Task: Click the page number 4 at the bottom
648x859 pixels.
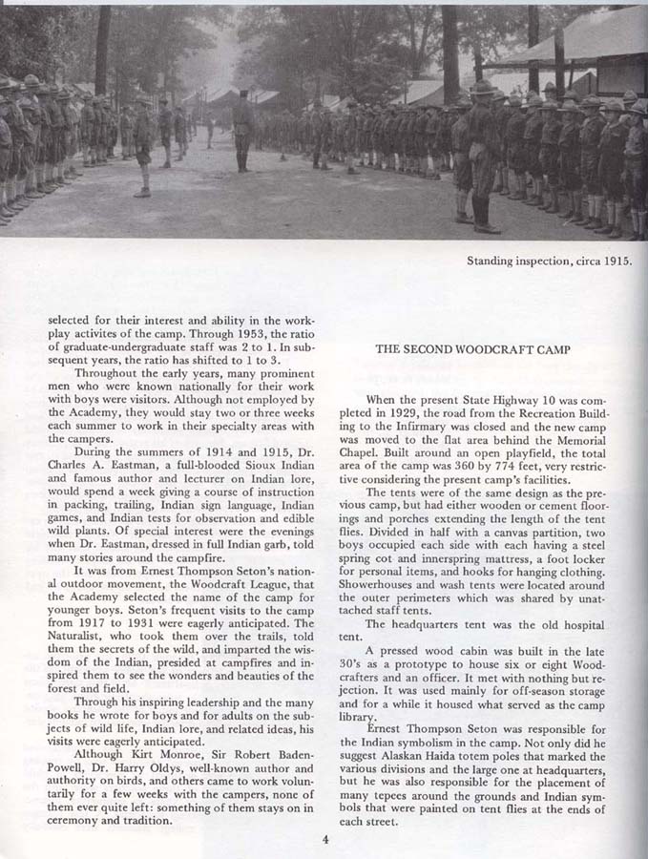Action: (325, 840)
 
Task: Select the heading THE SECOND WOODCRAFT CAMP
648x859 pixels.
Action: (473, 349)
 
